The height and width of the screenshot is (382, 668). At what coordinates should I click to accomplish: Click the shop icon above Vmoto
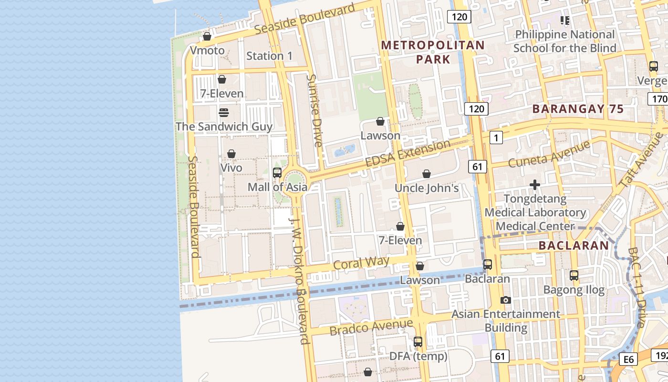(x=207, y=36)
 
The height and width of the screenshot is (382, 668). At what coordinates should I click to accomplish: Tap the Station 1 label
(x=269, y=56)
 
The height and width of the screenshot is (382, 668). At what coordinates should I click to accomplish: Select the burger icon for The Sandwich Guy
(x=223, y=113)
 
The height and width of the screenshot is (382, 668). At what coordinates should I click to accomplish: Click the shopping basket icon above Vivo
(x=231, y=154)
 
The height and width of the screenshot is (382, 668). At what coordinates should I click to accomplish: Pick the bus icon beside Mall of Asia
(x=277, y=173)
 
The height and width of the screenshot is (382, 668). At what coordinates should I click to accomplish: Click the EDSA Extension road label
(x=407, y=153)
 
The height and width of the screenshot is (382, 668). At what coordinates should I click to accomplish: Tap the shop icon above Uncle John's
(x=427, y=174)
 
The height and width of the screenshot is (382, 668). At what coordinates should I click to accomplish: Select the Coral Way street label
(x=361, y=263)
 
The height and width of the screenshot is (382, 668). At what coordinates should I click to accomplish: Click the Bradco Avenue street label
(x=371, y=327)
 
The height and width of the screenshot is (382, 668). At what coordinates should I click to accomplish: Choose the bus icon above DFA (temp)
(x=418, y=342)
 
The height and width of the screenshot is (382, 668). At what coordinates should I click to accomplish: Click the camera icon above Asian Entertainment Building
(x=506, y=300)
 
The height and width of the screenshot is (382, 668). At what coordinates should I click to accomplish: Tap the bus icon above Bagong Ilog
(x=574, y=276)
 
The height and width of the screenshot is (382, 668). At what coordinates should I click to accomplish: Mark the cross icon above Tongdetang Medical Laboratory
(x=535, y=185)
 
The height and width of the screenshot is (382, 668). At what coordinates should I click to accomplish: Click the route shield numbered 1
(x=496, y=138)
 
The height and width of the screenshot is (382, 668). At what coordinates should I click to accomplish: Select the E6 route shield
(x=628, y=359)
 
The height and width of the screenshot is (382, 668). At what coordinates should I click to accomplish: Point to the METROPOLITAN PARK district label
(x=433, y=52)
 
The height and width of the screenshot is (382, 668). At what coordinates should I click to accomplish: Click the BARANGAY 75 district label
(x=578, y=109)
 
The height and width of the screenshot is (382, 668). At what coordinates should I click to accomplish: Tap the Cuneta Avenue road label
(x=549, y=154)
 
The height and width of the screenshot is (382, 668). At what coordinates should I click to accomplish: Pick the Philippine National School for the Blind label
(x=565, y=41)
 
